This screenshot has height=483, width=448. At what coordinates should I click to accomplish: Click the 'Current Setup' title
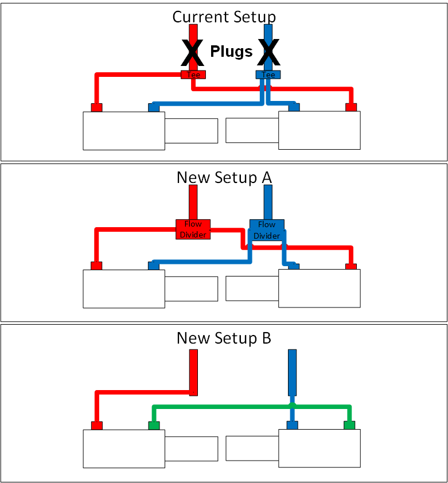224,17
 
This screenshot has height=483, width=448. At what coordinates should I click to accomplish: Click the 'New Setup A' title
224,177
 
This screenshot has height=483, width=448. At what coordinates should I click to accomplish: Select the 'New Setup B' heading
224,338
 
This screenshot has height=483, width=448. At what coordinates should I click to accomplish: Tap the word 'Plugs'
231,52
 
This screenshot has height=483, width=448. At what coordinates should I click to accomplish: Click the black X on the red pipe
193,53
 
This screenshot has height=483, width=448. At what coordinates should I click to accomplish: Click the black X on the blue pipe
268,53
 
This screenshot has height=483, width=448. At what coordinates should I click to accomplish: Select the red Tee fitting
193,75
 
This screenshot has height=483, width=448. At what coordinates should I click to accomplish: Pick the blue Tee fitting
268,75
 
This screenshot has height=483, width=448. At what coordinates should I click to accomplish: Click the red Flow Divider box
193,229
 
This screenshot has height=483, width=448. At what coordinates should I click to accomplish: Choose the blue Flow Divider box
267,229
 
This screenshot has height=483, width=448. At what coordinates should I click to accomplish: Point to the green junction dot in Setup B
292,406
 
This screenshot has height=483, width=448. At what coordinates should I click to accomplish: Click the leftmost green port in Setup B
154,426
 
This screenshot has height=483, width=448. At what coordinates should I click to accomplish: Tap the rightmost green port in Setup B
349,426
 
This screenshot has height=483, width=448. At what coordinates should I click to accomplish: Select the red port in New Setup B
96,426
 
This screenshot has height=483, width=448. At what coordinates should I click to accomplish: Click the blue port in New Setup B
292,426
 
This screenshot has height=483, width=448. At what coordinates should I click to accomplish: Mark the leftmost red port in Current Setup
96,107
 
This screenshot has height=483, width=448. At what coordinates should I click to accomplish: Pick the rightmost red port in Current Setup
350,107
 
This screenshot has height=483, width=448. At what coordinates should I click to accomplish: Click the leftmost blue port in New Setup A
154,266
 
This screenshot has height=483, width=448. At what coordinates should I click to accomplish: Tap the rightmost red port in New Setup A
350,266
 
